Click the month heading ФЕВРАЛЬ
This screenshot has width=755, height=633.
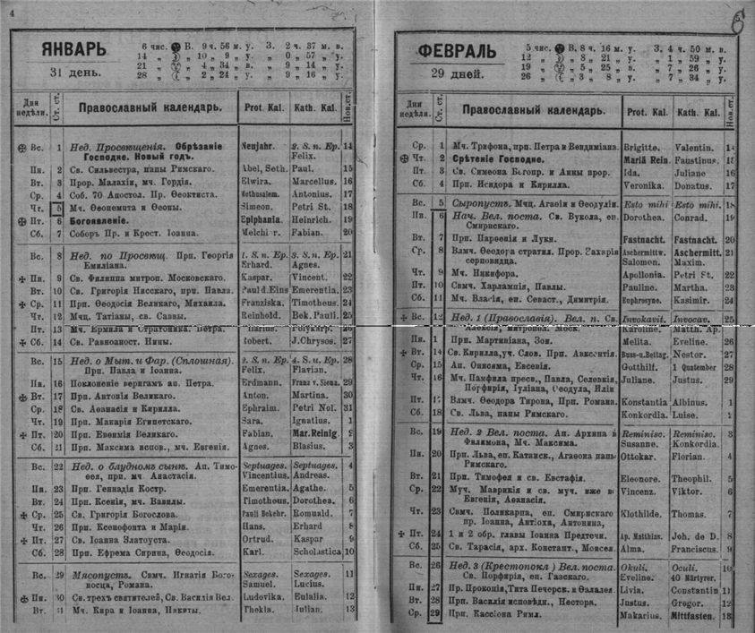point(457,51)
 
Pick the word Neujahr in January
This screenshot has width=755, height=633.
point(260,143)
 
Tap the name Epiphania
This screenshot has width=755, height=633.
point(263,219)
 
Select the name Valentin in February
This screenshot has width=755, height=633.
point(694,145)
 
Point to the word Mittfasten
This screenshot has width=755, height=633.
point(697,616)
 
